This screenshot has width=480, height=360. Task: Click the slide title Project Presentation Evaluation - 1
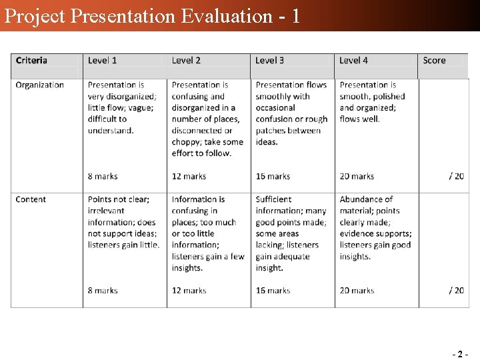[x=152, y=15]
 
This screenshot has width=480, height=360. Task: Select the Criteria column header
[x=31, y=61]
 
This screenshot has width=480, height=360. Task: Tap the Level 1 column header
[x=102, y=61]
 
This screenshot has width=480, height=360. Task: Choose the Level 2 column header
[x=186, y=61]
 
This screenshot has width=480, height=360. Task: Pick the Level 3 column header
[x=270, y=61]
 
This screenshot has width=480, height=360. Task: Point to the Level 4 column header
[x=354, y=61]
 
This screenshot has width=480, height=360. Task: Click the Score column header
[x=434, y=61]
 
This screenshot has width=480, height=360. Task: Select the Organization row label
[x=40, y=85]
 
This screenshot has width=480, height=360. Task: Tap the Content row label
[x=31, y=199]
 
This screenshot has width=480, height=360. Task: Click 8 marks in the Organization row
[x=103, y=177]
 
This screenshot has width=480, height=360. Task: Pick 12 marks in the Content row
[x=189, y=291]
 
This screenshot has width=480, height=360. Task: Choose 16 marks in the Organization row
[x=273, y=177]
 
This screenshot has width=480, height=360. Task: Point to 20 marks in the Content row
[x=357, y=291]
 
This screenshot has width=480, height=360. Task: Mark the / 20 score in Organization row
[x=456, y=177]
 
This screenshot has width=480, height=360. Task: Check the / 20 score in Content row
[x=456, y=291]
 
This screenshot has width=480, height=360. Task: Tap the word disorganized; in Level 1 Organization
[x=129, y=97]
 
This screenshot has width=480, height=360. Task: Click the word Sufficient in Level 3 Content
[x=273, y=199]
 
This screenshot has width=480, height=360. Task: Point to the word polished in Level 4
[x=389, y=97]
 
